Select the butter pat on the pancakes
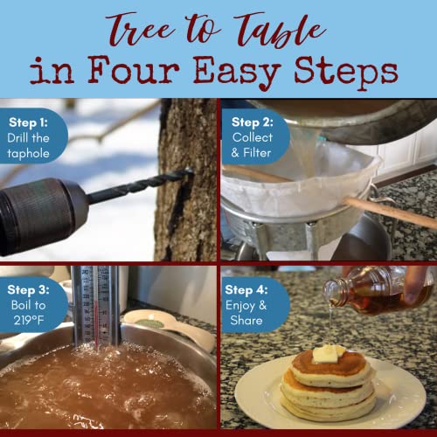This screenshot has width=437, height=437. click(327, 354)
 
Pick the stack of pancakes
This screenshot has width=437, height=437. click(328, 385)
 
